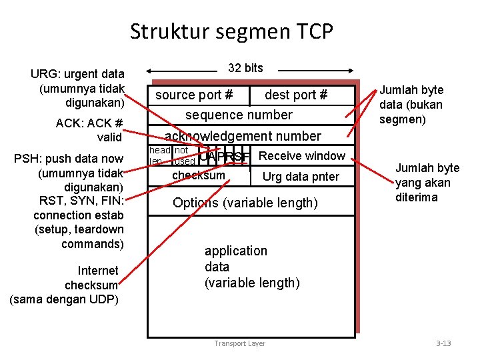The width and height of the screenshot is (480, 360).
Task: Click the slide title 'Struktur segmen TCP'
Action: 231,31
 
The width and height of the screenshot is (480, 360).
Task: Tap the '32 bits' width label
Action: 245,68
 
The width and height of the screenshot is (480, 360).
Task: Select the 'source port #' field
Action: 193,95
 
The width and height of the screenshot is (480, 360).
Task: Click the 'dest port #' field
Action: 296,95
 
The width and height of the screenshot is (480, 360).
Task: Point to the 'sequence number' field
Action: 239,115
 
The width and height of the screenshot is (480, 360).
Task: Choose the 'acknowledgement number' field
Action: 243,137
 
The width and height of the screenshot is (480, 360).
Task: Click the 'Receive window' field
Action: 301,156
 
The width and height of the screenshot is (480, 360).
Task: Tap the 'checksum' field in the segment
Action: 199,175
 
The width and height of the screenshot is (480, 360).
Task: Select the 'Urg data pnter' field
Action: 301,177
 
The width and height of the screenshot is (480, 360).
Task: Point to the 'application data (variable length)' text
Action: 251,267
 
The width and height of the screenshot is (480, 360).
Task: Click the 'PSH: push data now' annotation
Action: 69,159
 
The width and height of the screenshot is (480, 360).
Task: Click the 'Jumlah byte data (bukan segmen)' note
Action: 411,104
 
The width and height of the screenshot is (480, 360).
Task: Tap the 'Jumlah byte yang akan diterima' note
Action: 427,183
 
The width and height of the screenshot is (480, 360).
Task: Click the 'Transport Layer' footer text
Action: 239,344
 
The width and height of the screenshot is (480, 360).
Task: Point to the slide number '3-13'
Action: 443,344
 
